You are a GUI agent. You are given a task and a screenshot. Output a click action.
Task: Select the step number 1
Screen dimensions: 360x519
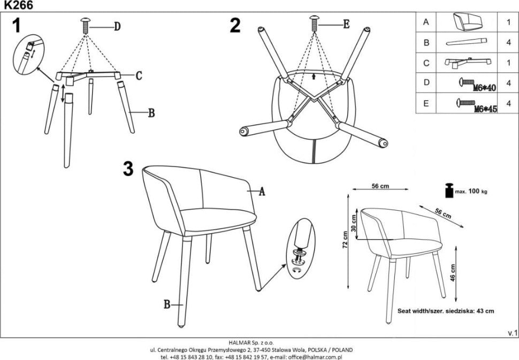pos(17,25)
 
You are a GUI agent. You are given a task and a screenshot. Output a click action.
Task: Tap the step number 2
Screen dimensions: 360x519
pos(234,25)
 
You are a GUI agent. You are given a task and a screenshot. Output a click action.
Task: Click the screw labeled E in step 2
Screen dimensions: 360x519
pos(315,24)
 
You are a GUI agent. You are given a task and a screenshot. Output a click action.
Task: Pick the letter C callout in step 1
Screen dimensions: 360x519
pos(138,75)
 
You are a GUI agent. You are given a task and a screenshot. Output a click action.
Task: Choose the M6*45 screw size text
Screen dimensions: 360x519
pos(485,109)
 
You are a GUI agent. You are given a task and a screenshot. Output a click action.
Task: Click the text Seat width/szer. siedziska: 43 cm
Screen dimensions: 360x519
pos(445,310)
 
